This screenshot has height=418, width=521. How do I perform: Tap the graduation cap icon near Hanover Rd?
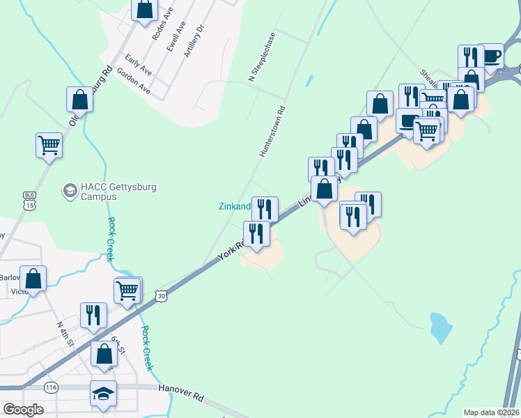[x=103, y=394]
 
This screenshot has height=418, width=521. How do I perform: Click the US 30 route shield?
[x=162, y=295]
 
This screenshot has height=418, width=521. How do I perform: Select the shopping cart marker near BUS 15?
[x=49, y=146]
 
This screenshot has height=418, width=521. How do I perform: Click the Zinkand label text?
[x=234, y=206]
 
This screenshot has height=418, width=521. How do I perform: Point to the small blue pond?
[x=440, y=327]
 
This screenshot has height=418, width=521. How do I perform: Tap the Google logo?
[x=23, y=410]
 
